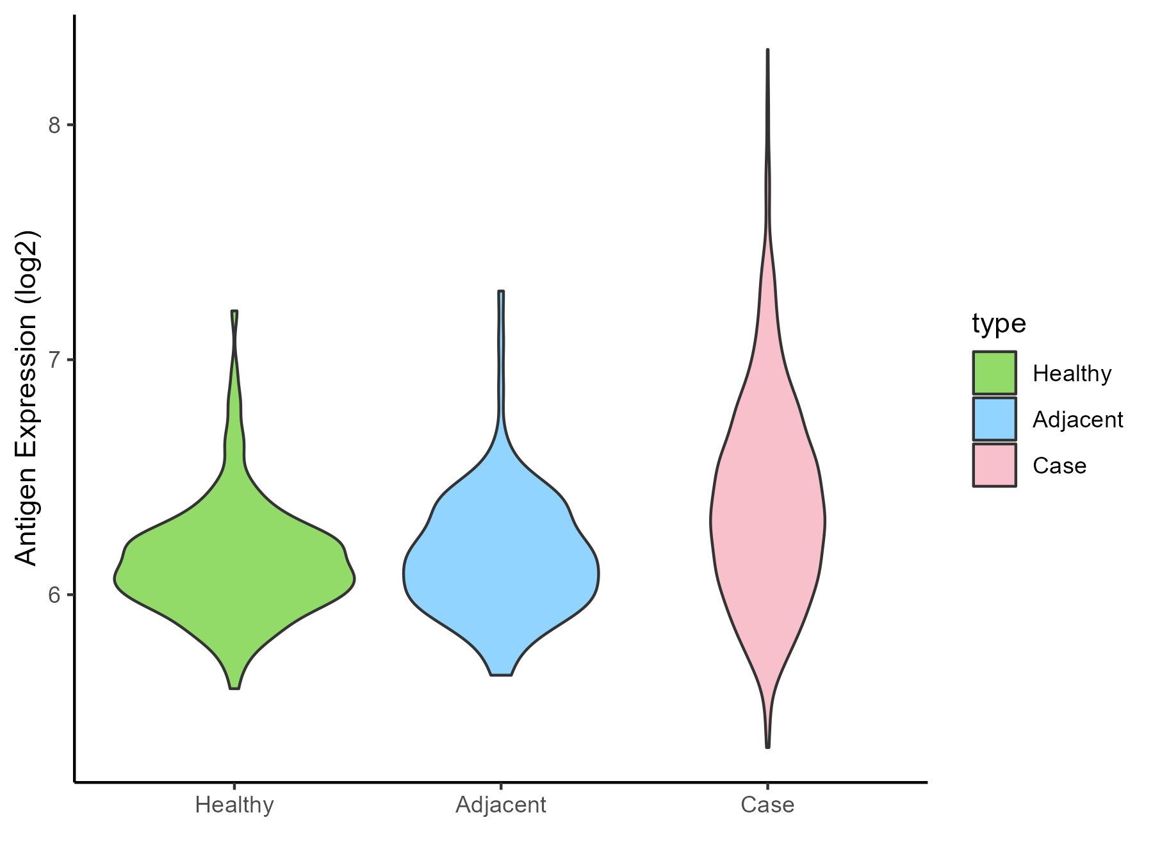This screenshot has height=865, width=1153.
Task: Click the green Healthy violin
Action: (x=234, y=577)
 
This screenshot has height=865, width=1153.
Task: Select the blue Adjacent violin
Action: (x=501, y=564)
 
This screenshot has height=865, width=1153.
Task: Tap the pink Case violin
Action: (x=767, y=513)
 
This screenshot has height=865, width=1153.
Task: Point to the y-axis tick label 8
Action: (x=54, y=125)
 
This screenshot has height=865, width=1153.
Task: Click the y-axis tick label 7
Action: (x=54, y=359)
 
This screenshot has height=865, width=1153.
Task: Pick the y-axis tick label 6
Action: (x=54, y=595)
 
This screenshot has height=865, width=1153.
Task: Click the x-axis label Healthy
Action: (x=234, y=805)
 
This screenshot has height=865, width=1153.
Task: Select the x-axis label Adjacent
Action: (x=501, y=805)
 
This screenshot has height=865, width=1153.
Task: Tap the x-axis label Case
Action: (x=767, y=805)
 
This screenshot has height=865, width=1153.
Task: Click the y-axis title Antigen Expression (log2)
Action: (x=27, y=397)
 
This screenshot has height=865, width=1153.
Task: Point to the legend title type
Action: (x=999, y=324)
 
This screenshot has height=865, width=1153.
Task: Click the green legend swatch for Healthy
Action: (x=994, y=373)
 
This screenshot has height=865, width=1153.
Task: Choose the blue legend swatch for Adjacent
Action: (x=994, y=419)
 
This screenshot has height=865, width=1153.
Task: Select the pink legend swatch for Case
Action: (x=994, y=465)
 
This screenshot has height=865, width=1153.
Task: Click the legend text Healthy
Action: (x=1072, y=374)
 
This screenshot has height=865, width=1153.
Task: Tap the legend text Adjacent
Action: (x=1077, y=420)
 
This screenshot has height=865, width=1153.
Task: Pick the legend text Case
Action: (x=1059, y=466)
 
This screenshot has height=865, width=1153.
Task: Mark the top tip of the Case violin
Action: (x=767, y=50)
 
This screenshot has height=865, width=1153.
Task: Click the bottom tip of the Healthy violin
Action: (x=234, y=688)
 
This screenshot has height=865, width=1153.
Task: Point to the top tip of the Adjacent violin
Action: (x=501, y=292)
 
